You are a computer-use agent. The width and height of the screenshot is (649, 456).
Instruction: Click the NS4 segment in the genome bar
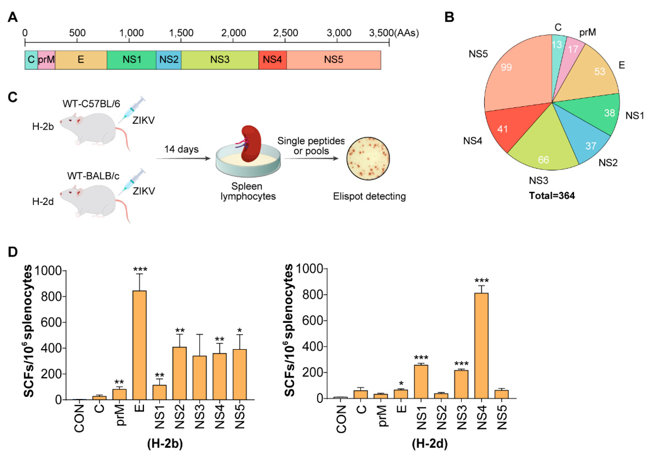[x=272, y=60]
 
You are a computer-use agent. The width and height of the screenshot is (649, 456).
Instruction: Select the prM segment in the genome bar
[x=46, y=60]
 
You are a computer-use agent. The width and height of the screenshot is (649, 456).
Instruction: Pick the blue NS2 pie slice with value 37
[x=588, y=141]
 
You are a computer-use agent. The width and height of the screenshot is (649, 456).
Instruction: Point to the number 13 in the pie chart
[x=557, y=45]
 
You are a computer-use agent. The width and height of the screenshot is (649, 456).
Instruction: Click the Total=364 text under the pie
[x=552, y=195]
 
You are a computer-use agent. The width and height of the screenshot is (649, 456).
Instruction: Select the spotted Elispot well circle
[x=368, y=158]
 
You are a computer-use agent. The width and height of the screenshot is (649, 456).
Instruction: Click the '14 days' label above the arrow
[x=181, y=149]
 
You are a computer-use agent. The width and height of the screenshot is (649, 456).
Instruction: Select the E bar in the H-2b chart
[x=140, y=345]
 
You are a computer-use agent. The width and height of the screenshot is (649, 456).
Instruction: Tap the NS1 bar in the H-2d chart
[x=421, y=382]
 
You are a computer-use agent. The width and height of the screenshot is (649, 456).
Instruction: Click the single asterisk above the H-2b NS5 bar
[x=240, y=330]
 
